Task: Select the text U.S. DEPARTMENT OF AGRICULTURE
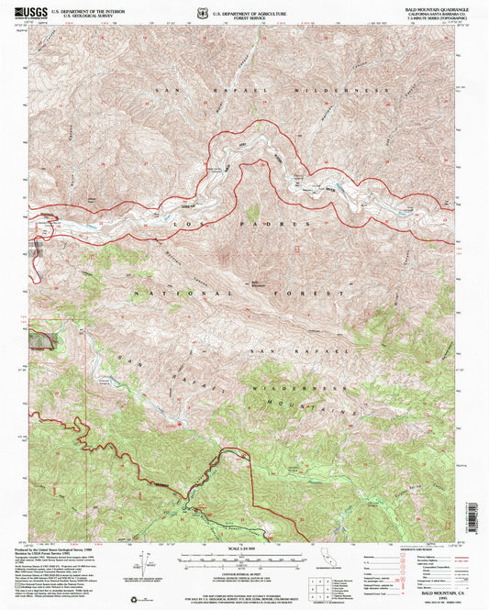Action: [x=250, y=13]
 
